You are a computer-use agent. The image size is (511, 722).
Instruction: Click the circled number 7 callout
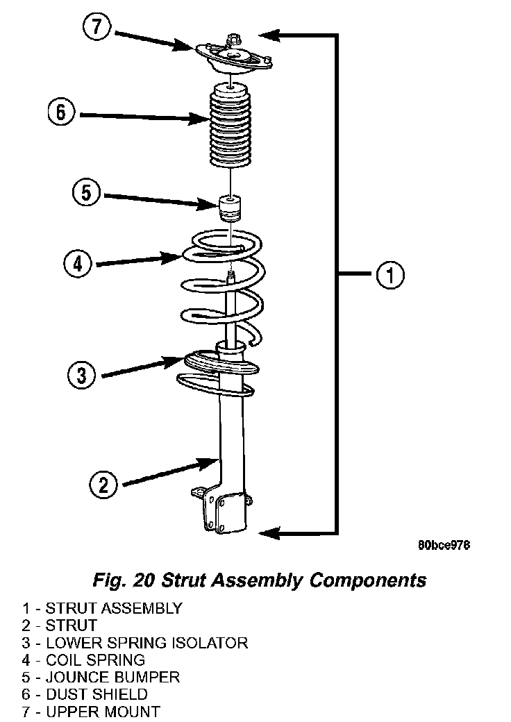coord(97,27)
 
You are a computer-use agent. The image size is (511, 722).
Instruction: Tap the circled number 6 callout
coord(61,112)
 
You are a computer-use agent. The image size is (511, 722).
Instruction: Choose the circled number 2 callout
coord(103,485)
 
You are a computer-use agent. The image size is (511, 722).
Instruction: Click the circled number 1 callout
coord(390,275)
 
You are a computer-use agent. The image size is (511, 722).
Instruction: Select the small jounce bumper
coord(230,208)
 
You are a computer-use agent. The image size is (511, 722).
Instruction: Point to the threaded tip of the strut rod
coord(231,277)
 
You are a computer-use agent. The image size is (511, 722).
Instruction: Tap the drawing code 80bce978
coord(444,545)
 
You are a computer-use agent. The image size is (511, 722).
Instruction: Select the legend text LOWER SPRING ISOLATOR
coord(147,643)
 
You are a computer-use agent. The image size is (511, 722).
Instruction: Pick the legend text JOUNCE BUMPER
coord(112,678)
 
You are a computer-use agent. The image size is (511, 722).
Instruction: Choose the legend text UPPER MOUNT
coord(103,712)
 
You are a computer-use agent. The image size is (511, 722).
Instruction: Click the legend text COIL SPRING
coord(96,660)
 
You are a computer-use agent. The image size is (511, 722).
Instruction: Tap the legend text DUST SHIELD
coord(97,694)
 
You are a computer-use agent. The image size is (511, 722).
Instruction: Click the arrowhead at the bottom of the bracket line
coord(269,533)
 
